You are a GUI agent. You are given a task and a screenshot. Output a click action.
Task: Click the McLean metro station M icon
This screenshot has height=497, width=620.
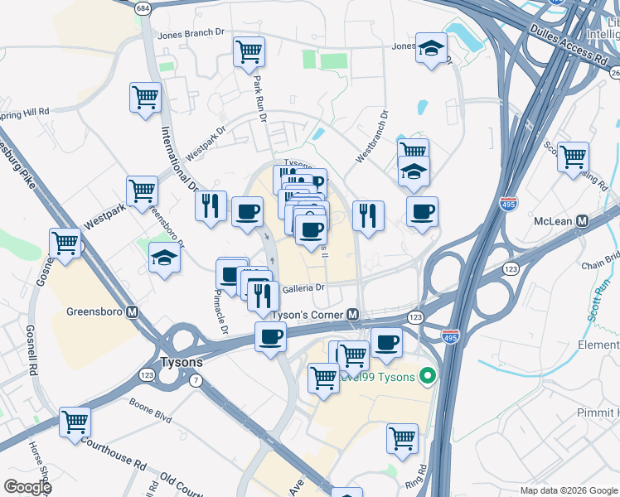point(582,221)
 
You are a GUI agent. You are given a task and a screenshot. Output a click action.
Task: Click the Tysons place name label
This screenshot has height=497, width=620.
point(180,363)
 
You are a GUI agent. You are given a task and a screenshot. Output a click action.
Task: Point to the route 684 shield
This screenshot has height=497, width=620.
point(143,7)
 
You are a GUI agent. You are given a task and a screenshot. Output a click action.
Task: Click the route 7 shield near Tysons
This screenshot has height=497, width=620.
point(196,379)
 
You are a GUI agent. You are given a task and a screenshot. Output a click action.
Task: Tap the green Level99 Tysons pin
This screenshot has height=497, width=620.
point(428,377)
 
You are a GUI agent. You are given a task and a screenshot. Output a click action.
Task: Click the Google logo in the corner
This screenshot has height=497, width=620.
point(27,486)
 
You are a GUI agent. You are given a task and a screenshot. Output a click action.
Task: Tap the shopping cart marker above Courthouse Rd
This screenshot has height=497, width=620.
point(75,422)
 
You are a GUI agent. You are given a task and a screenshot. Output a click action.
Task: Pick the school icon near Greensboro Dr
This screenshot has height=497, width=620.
point(164,258)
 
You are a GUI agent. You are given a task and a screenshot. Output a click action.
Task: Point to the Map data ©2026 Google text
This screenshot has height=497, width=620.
point(568,490)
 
